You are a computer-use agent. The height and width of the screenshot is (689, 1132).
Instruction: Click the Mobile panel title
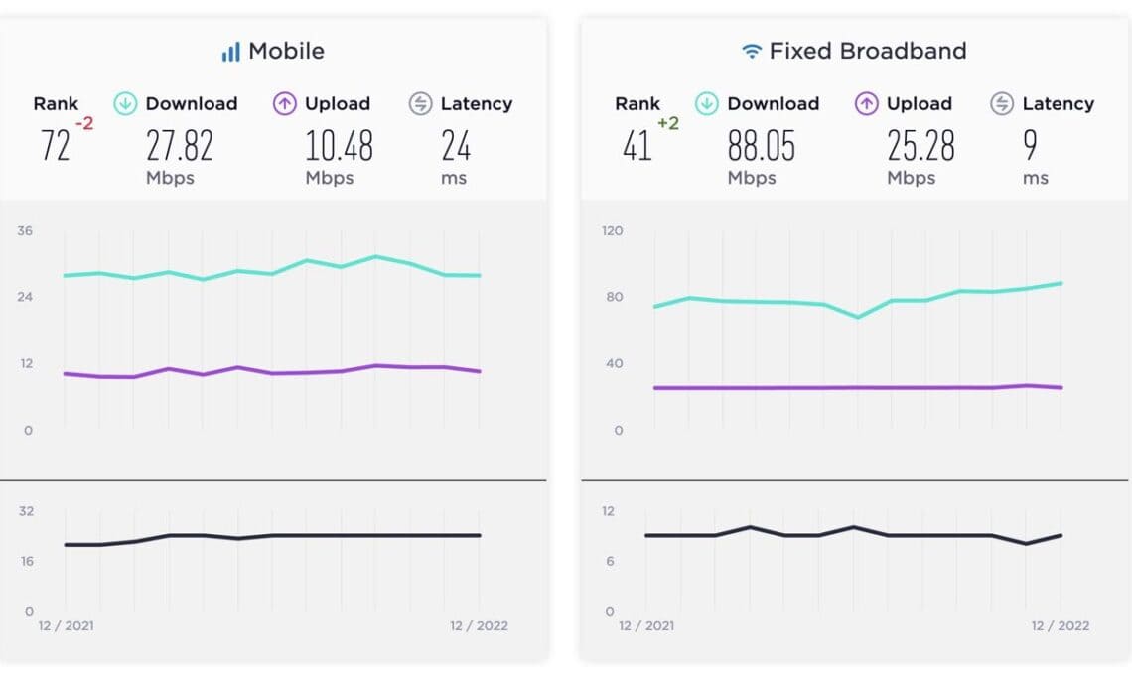point(286,51)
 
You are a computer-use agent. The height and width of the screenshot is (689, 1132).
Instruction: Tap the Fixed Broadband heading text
point(867,51)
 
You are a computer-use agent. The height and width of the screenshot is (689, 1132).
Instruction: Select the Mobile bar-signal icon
point(230,52)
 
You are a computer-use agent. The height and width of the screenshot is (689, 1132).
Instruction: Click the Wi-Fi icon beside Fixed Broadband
point(752,51)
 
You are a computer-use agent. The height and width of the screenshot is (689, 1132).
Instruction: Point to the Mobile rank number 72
point(55,147)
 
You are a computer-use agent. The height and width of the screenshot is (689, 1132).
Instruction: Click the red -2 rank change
point(84,123)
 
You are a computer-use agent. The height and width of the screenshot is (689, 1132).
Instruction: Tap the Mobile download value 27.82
point(180,147)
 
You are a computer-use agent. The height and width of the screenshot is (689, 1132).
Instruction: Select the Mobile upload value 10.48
point(339,147)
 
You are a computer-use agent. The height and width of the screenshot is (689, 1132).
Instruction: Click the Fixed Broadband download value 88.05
point(762,147)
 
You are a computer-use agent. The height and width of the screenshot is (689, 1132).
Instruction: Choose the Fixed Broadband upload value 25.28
point(920,147)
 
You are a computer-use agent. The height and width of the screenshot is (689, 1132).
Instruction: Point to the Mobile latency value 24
point(456,147)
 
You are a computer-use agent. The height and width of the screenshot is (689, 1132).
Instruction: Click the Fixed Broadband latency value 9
point(1030,147)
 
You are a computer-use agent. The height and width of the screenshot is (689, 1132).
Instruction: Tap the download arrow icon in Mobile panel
point(125,103)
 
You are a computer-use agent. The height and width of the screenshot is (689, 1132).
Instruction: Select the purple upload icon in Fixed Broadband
point(866,103)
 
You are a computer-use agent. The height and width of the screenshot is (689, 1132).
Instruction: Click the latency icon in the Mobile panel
point(421,103)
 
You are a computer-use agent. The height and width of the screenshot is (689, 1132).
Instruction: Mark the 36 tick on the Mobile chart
point(25,231)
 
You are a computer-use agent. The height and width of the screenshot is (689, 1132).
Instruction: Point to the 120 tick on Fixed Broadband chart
point(612,231)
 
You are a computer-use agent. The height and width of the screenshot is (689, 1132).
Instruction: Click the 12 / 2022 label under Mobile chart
point(479,625)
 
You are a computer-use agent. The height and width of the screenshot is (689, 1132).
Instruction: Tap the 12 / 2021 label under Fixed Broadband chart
point(647,625)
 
